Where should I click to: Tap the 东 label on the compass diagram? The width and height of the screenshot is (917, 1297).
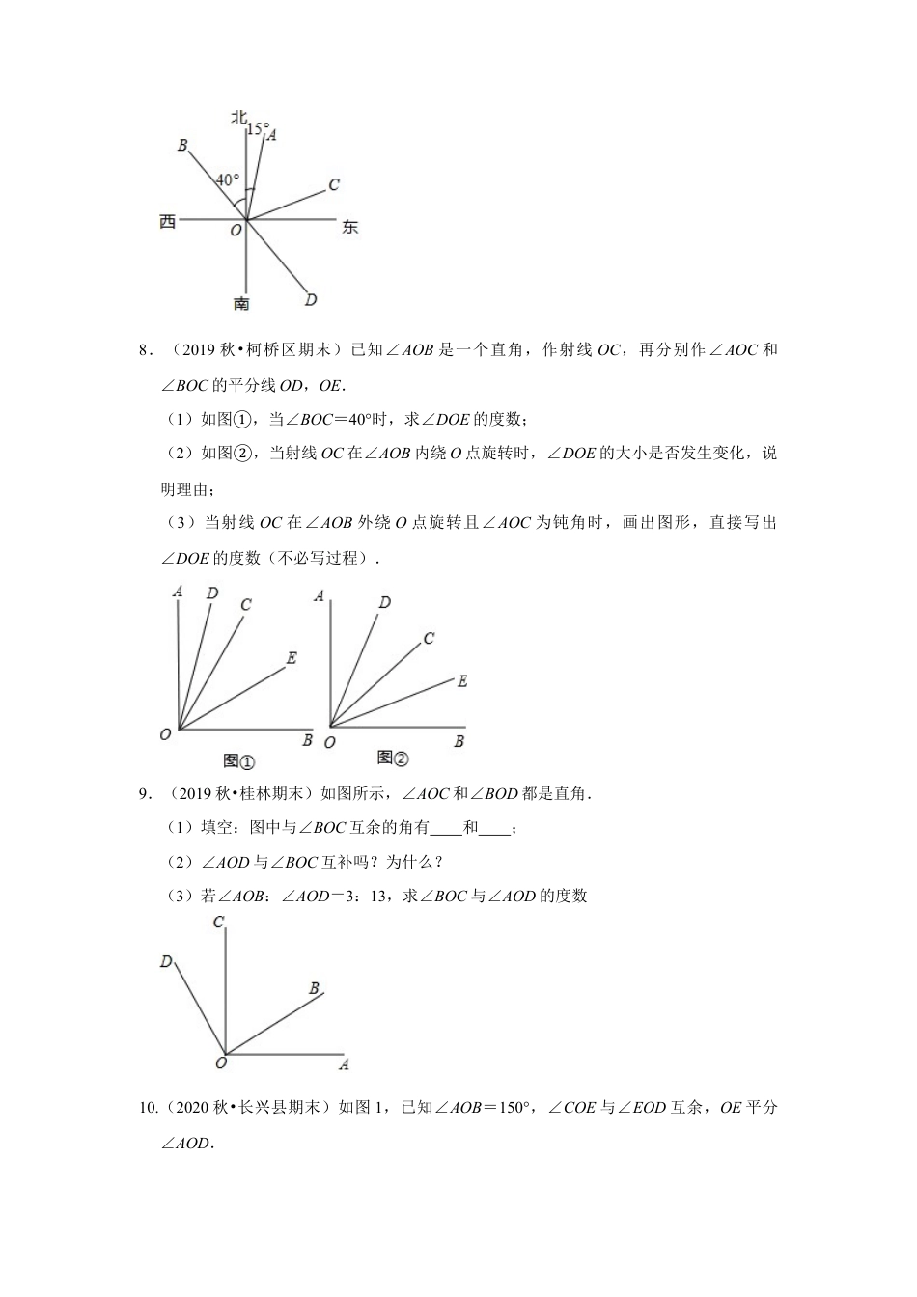pos(349,227)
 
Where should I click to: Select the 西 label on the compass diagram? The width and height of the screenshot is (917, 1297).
pos(168,222)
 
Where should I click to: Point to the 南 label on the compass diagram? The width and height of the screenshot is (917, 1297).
pos(241,303)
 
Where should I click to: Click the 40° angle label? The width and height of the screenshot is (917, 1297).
pos(227,179)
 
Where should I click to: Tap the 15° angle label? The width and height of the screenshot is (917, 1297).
pos(257,127)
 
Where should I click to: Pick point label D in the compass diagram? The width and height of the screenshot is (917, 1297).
pos(311,300)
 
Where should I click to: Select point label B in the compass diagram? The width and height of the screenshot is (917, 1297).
pos(182,145)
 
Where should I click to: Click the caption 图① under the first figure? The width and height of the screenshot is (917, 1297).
pos(238,760)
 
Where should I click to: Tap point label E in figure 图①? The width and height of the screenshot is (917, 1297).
pos(291,658)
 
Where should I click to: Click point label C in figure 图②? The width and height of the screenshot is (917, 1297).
pos(429,638)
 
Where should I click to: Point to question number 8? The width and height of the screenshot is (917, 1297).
pos(146,350)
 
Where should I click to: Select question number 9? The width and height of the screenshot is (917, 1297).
pos(146,794)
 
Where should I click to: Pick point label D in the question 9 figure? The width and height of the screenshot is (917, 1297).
pos(166,961)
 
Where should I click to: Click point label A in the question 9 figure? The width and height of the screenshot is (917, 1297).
pos(344,1064)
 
